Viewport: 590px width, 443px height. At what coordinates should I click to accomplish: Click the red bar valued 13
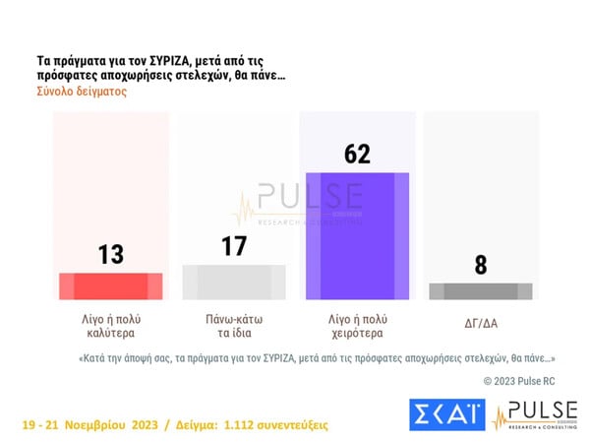point(111,285)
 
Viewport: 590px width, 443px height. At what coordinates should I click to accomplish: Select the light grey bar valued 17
point(234,282)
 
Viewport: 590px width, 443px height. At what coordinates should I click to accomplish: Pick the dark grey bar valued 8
point(481,291)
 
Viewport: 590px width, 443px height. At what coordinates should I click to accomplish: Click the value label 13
point(111,254)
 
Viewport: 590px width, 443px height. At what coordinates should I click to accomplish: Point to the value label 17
point(234,246)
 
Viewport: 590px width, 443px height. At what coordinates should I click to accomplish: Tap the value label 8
point(481,264)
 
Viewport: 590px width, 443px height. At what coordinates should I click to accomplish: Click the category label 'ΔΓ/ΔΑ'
point(481,321)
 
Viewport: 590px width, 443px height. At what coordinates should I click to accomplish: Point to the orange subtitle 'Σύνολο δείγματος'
point(82,92)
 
